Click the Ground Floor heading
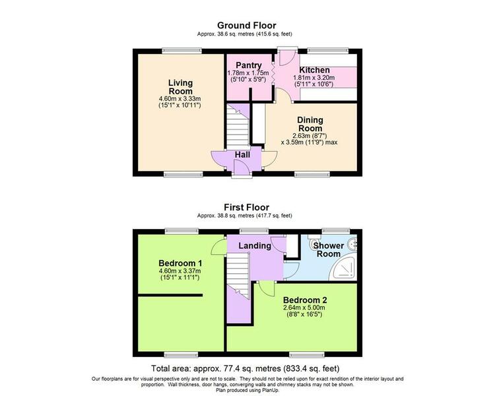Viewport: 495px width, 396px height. (247, 25)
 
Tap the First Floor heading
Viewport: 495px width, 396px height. (247, 207)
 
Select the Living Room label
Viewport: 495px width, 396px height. (180, 87)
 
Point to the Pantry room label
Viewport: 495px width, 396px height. (249, 65)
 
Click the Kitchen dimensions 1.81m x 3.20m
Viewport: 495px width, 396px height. (314, 78)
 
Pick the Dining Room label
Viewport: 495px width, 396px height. (310, 124)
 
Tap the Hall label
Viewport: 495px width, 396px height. (242, 154)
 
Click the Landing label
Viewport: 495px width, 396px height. (255, 246)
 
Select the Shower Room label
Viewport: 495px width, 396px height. (328, 249)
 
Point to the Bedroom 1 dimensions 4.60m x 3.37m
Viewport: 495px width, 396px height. (180, 271)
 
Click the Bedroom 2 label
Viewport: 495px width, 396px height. (305, 300)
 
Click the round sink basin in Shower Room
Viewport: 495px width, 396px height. (352, 244)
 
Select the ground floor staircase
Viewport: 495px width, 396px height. (238, 125)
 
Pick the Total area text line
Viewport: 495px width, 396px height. (246, 368)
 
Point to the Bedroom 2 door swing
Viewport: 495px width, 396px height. (267, 288)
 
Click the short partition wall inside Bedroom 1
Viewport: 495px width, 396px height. (170, 295)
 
